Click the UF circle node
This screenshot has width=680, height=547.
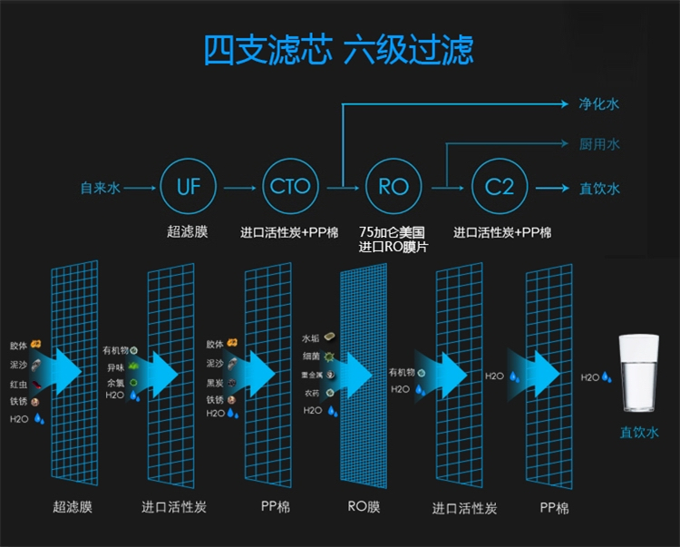point(189,188)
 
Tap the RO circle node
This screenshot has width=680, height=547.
point(393,188)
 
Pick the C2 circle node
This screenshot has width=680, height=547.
point(499,188)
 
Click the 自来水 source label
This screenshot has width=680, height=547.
point(100,189)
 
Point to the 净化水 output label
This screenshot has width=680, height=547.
point(599,104)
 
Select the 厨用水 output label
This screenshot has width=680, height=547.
point(599,144)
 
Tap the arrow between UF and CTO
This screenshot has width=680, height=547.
point(239,189)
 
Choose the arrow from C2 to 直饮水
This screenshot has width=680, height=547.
point(551,189)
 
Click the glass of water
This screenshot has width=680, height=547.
point(639,376)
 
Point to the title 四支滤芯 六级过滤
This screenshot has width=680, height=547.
point(339,50)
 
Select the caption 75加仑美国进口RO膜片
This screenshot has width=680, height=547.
point(393,239)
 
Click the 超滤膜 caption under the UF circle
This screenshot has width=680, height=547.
point(189,232)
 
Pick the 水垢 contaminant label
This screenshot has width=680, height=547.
point(311,338)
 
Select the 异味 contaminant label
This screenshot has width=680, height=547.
point(115,366)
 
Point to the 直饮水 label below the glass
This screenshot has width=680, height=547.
point(640,432)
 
